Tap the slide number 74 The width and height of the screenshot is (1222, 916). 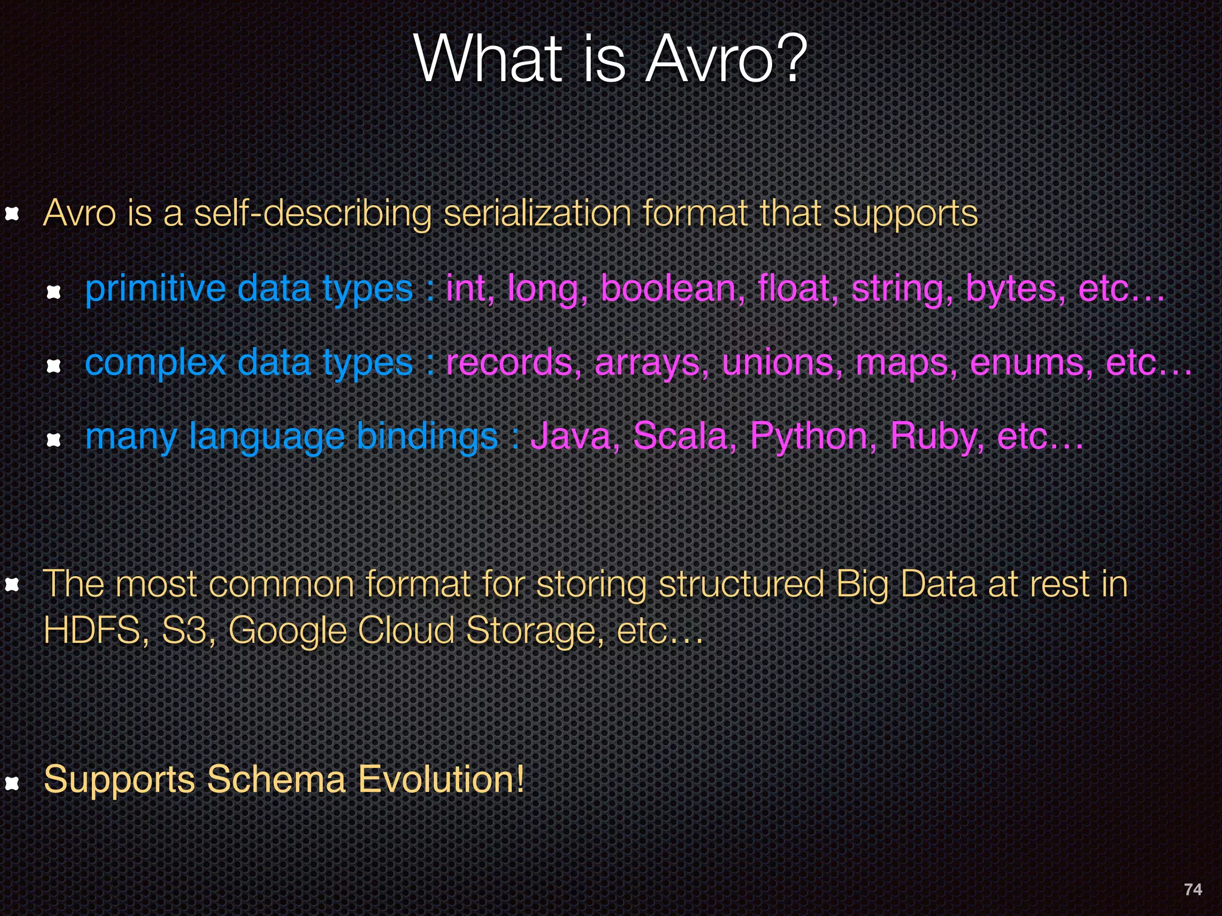pyautogui.click(x=1193, y=889)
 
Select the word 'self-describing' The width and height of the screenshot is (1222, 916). pyautogui.click(x=312, y=213)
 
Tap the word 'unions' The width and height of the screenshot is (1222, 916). pyautogui.click(x=782, y=363)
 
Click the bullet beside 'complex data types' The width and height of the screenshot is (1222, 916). pyautogui.click(x=54, y=365)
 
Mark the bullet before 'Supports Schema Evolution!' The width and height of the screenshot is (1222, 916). pyautogui.click(x=13, y=782)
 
